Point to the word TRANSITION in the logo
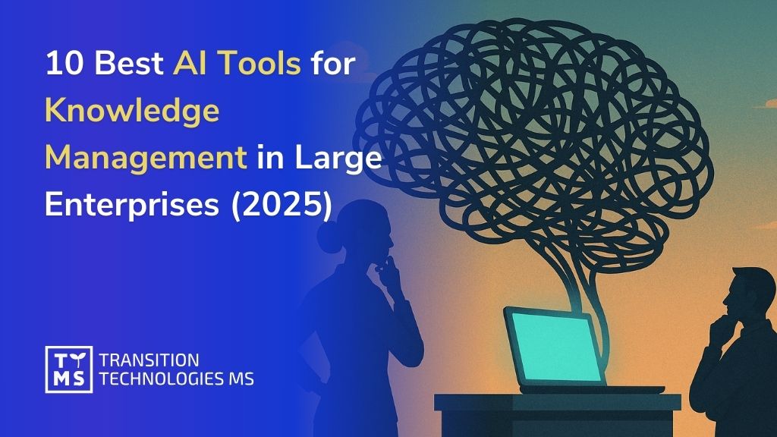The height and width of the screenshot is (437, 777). [149, 360]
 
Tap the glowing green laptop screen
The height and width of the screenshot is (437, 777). [550, 345]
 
